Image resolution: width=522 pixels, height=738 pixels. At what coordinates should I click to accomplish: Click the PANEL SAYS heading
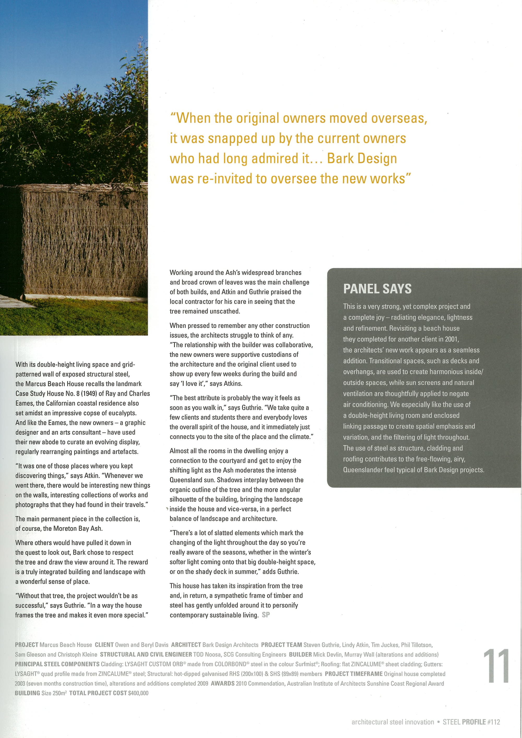[x=377, y=289]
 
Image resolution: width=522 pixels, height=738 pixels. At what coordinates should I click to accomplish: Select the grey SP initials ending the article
[x=266, y=615]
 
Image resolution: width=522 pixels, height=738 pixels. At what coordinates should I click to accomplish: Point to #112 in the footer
[x=493, y=722]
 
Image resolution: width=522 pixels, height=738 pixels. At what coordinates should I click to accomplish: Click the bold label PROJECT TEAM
[x=281, y=645]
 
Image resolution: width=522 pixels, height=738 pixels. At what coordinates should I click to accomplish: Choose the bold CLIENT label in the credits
[x=104, y=645]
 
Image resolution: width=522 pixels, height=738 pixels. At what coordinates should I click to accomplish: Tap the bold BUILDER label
[x=300, y=654]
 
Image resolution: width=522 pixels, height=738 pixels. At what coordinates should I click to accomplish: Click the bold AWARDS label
[x=222, y=683]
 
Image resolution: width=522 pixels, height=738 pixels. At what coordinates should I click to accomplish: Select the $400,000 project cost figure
[x=138, y=693]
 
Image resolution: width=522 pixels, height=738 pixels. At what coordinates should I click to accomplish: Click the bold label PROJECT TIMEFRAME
[x=354, y=674]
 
